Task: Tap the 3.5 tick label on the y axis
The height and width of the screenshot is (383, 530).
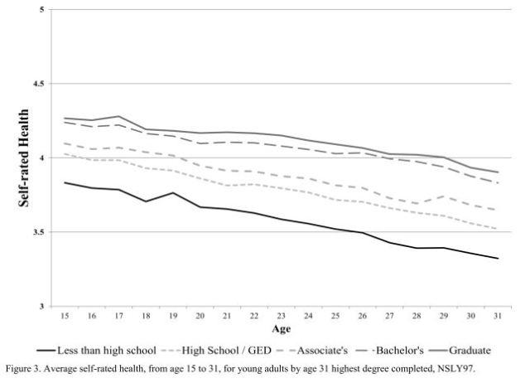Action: click(39, 232)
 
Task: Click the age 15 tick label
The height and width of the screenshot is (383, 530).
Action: click(64, 316)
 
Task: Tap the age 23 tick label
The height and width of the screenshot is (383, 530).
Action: click(281, 316)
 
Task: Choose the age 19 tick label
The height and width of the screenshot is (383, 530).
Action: click(172, 316)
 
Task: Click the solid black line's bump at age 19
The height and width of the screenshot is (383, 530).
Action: click(172, 192)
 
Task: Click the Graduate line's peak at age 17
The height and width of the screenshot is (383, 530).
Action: click(118, 117)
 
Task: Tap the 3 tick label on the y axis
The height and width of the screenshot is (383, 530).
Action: click(43, 306)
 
